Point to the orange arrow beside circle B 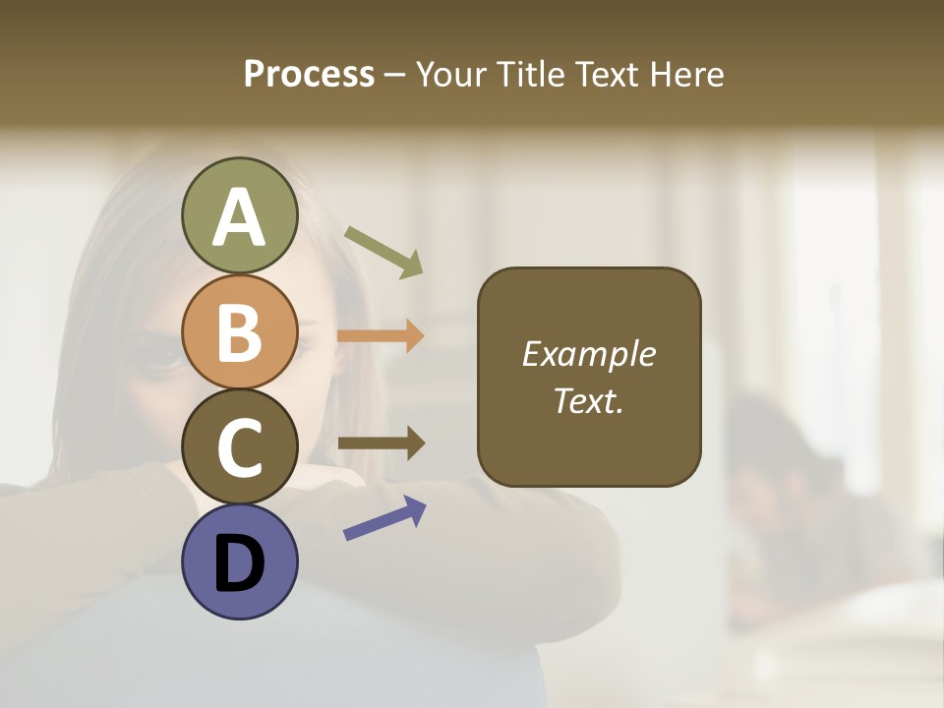[x=381, y=336]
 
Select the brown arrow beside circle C [x=382, y=443]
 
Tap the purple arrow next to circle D [x=384, y=518]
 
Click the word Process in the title [x=309, y=75]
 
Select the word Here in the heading [x=684, y=75]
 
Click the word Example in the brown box [x=589, y=354]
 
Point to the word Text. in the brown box [x=589, y=400]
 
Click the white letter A [x=239, y=218]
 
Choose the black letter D [x=239, y=564]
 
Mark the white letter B [x=239, y=332]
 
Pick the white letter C [x=239, y=448]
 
